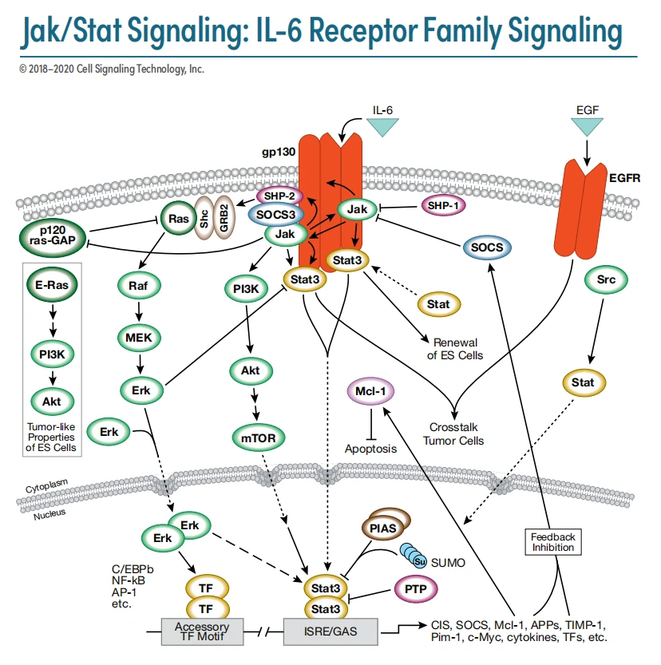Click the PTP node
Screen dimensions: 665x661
pyautogui.click(x=415, y=591)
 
